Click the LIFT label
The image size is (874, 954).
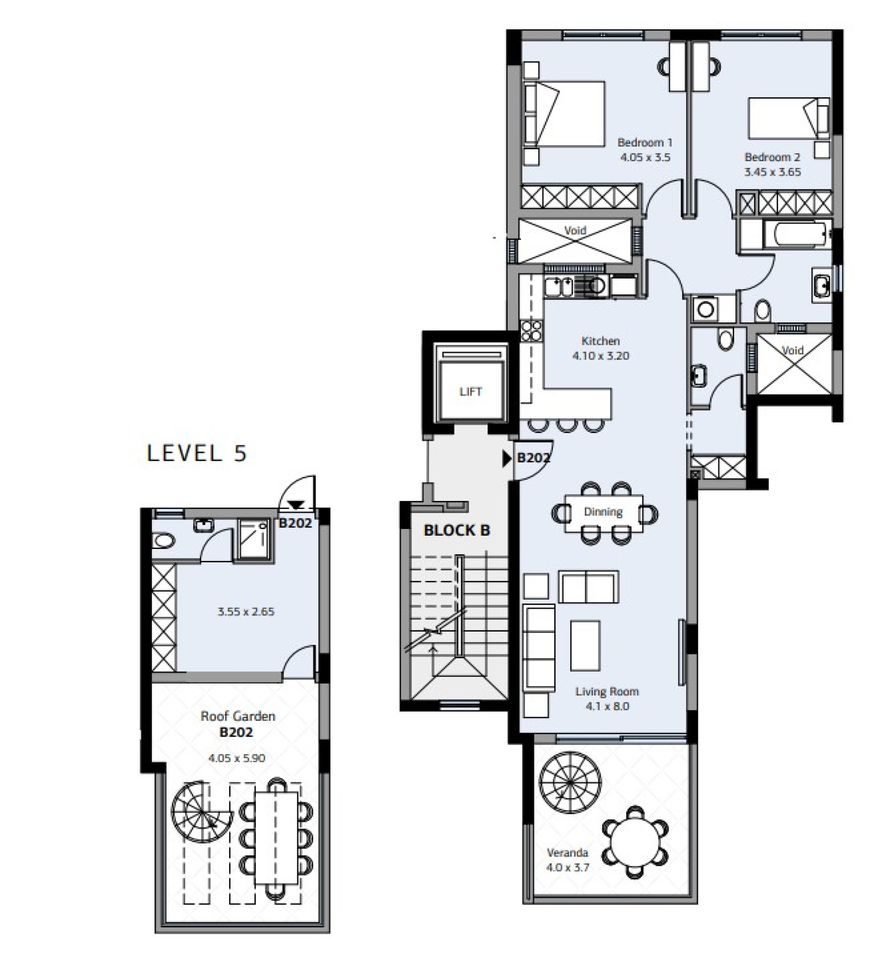pyautogui.click(x=470, y=391)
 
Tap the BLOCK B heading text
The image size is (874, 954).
pyautogui.click(x=457, y=530)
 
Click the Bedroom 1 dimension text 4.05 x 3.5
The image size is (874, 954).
pyautogui.click(x=645, y=157)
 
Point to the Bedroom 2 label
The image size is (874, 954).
pyautogui.click(x=772, y=157)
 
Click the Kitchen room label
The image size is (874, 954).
pyautogui.click(x=600, y=341)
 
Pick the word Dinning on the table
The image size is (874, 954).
pyautogui.click(x=603, y=512)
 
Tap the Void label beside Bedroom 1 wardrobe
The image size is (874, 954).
pyautogui.click(x=575, y=230)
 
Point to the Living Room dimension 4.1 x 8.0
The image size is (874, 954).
pyautogui.click(x=607, y=706)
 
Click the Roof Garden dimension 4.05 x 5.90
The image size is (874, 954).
pyautogui.click(x=236, y=757)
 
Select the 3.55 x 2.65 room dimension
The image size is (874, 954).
pyautogui.click(x=246, y=612)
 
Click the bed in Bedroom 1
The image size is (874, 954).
pyautogui.click(x=564, y=114)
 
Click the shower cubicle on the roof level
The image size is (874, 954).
pyautogui.click(x=253, y=539)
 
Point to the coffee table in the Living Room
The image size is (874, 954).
pyautogui.click(x=585, y=645)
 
